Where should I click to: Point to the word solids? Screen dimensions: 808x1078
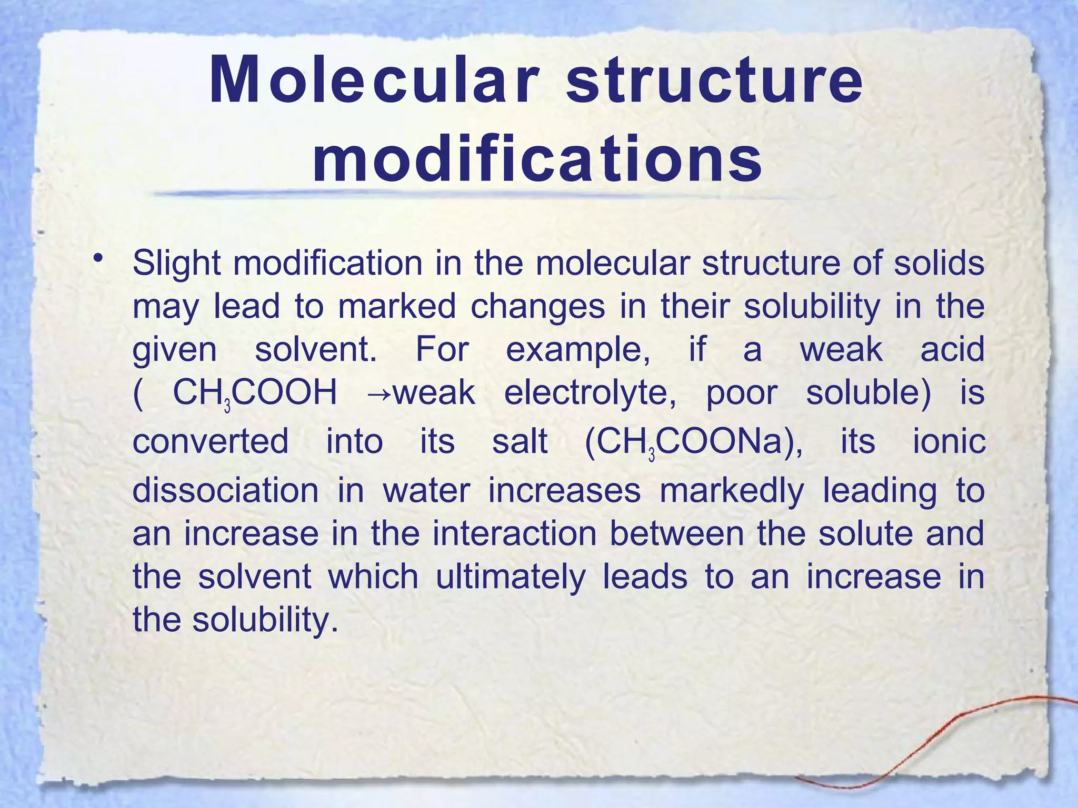pos(939,263)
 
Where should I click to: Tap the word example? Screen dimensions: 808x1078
pos(577,349)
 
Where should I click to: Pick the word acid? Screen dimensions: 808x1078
pos(952,349)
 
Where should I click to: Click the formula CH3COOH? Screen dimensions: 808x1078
pos(255,393)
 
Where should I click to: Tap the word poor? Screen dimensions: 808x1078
pos(742,393)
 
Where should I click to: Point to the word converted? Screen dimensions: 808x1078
pos(211,441)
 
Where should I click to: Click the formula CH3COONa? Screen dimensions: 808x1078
pos(693,442)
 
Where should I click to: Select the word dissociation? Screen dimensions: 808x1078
pos(225,490)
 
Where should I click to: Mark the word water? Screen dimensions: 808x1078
pos(426,490)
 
